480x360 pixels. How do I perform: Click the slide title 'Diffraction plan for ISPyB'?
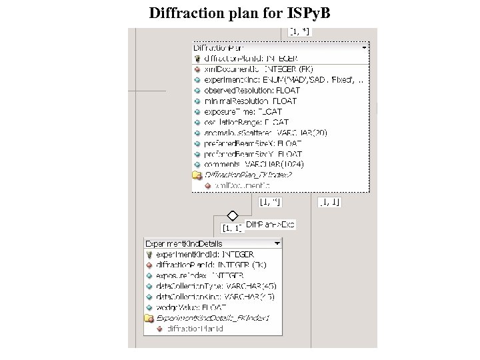pos(239,13)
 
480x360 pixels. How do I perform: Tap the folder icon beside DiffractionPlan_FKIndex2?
pos(197,175)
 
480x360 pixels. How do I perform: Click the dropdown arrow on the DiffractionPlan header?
pos(364,48)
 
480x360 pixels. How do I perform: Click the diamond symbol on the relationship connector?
pos(233,215)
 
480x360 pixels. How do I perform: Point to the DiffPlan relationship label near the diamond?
pos(270,225)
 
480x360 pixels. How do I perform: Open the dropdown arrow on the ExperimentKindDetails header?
pos(277,244)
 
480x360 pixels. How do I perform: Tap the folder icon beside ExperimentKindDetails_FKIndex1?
pos(149,318)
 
